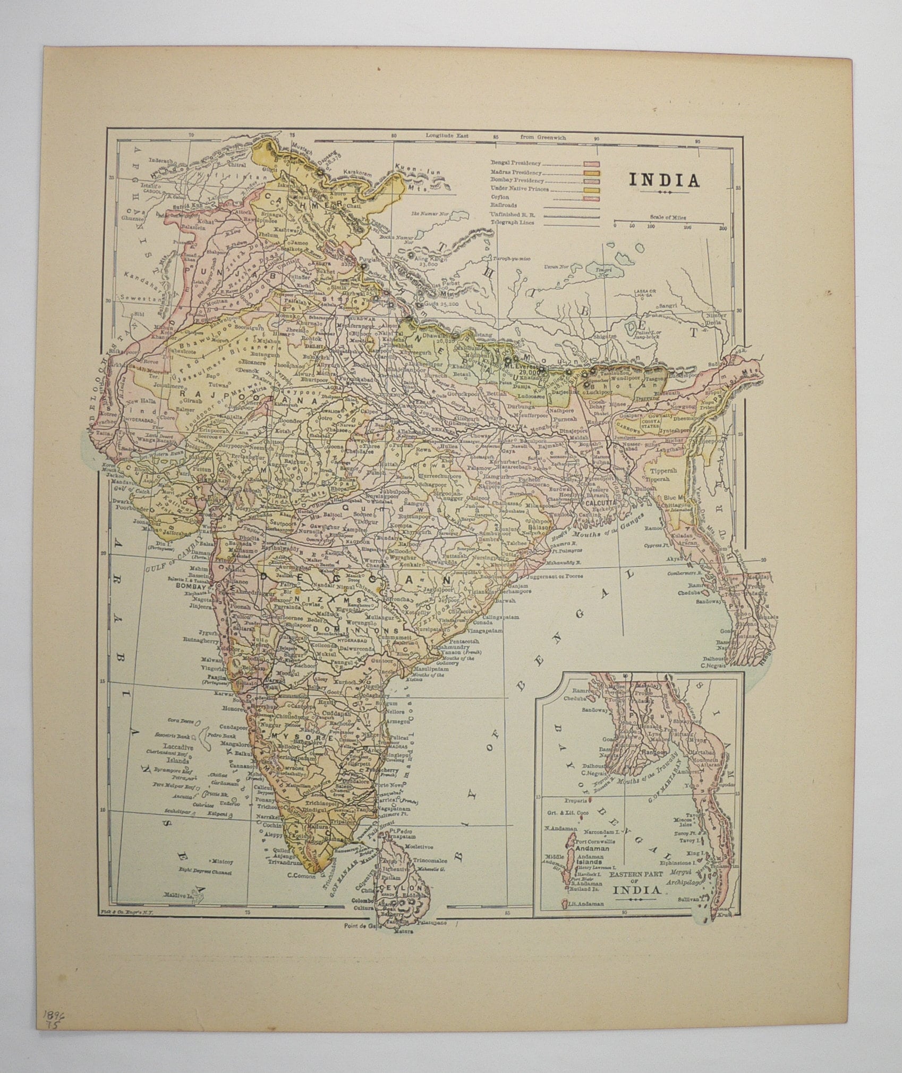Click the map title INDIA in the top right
click(665, 180)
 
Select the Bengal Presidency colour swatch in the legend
click(592, 164)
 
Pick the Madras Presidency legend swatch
click(592, 173)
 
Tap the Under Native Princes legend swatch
click(592, 189)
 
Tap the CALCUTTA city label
click(600, 502)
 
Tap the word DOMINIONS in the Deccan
click(345, 630)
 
